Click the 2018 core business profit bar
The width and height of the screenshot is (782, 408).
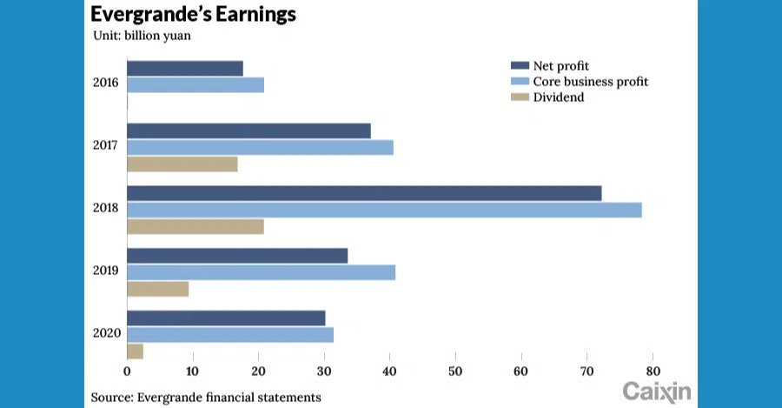coord(384,210)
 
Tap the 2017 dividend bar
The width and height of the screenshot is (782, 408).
coord(182,164)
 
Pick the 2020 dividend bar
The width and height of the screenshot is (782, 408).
coord(136,351)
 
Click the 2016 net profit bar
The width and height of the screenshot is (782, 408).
coord(185,68)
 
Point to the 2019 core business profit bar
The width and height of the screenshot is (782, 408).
coord(261,272)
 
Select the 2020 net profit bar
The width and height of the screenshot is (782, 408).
coord(226,318)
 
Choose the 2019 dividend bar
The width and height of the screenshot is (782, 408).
coord(158,289)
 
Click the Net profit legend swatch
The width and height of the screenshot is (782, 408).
coord(520,66)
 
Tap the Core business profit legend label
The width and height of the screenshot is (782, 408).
coord(590,82)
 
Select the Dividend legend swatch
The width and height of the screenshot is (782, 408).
coord(520,97)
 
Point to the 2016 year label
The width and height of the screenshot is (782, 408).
coord(106,84)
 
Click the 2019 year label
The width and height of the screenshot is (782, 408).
coord(106,271)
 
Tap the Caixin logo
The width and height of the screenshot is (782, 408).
coord(656,391)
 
